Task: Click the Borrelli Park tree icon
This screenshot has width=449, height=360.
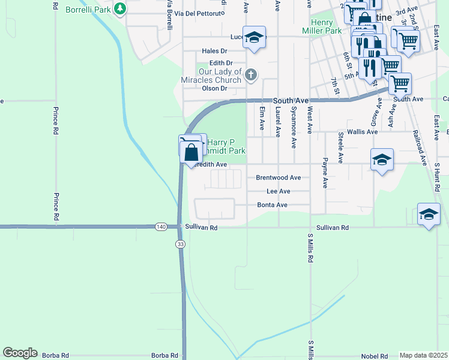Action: click(x=121, y=9)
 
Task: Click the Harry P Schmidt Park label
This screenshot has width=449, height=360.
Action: click(x=226, y=146)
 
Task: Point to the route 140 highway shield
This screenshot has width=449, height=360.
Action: click(x=160, y=227)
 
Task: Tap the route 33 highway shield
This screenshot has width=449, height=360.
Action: click(x=180, y=244)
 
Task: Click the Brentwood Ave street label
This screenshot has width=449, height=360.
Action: click(x=278, y=178)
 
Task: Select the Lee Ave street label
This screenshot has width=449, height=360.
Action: click(x=278, y=191)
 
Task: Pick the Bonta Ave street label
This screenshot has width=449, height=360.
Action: click(x=273, y=205)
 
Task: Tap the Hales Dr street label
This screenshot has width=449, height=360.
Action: click(x=215, y=52)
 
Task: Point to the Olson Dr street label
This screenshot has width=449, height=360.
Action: click(x=214, y=88)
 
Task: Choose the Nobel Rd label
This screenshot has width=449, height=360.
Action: click(x=372, y=355)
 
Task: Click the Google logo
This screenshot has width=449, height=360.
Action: click(x=20, y=353)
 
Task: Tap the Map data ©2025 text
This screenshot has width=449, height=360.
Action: click(x=424, y=356)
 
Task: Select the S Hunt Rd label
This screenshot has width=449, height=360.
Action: click(x=438, y=176)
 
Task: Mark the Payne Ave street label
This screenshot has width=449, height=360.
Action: click(x=325, y=173)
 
